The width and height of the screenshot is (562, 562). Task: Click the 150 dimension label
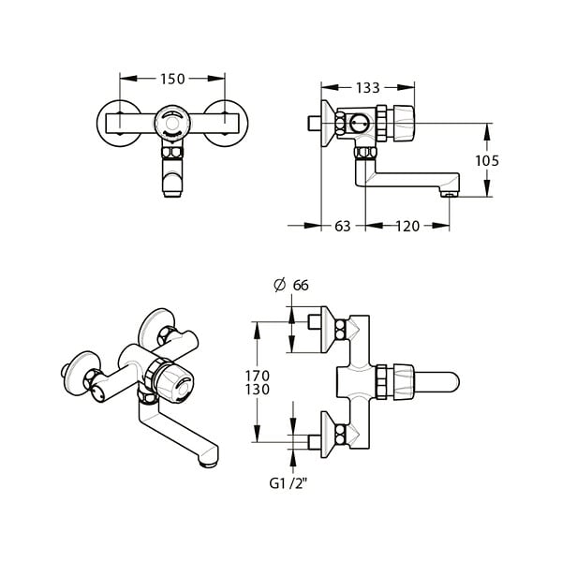(172, 80)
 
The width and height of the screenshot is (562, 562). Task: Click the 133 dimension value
(368, 88)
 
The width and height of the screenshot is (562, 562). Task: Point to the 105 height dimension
(487, 161)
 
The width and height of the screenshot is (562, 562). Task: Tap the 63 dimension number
(342, 227)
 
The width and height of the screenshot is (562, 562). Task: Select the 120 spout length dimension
(407, 227)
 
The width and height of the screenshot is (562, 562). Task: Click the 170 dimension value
(258, 376)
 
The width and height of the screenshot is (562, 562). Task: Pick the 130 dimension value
(258, 390)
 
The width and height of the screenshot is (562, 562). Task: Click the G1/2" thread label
(288, 484)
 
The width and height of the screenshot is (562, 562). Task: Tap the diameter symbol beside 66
(279, 285)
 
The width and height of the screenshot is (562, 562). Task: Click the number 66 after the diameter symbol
(301, 286)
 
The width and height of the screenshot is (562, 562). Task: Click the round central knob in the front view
(172, 124)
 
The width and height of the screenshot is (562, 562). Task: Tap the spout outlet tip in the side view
(450, 194)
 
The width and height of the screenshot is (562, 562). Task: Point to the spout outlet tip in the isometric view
(208, 465)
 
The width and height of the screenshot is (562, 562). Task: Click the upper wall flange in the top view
(328, 330)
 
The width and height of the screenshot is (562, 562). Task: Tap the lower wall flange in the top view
(328, 435)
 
